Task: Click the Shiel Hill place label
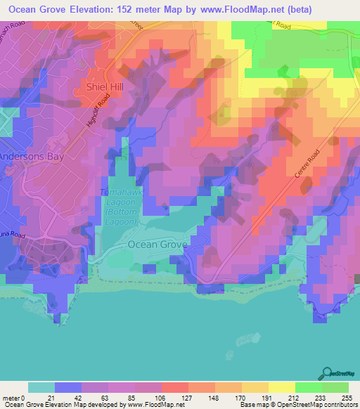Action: pos(104,86)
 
